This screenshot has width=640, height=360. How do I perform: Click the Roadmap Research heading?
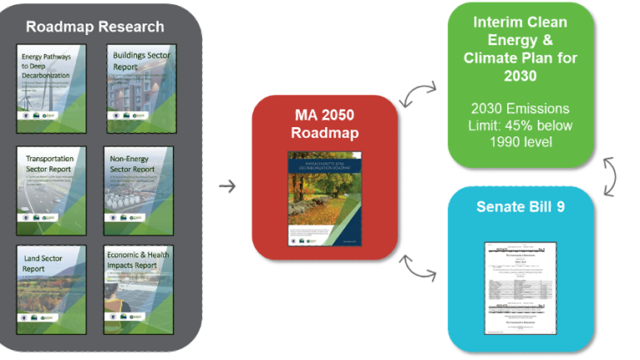(x=95, y=26)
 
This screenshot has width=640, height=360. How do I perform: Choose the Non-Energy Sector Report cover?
(x=137, y=191)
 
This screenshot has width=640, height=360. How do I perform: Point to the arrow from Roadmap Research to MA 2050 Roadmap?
(x=226, y=185)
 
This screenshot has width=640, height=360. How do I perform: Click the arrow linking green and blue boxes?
(x=610, y=175)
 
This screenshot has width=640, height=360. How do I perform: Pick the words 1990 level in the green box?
(x=520, y=142)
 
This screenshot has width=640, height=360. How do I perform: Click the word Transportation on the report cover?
(x=48, y=158)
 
